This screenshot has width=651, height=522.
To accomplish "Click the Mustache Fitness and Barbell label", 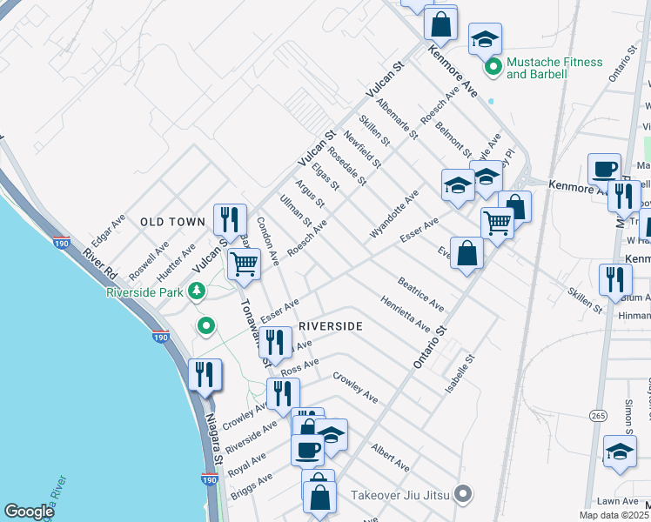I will [x=554, y=68].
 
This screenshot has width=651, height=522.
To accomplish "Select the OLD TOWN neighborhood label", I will [x=172, y=223].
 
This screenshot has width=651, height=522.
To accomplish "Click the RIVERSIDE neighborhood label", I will [x=330, y=325].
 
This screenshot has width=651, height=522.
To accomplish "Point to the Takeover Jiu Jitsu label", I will [x=399, y=495].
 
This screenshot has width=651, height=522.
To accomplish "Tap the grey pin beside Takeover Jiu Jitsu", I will [x=464, y=494].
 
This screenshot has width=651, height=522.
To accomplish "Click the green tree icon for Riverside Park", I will [x=198, y=290].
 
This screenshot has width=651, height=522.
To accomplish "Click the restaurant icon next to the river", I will [x=205, y=374].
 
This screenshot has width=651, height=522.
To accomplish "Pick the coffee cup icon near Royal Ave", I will [x=308, y=449].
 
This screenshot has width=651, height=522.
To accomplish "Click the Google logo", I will [x=29, y=512].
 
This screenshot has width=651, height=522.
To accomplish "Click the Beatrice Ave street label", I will [x=421, y=294].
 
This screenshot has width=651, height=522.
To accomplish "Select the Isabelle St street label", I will [x=459, y=372].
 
